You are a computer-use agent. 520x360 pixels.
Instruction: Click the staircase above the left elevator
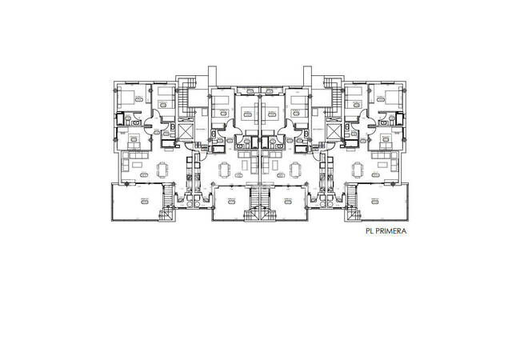click(186, 98)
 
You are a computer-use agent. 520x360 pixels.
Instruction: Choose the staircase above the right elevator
click(334, 98)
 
